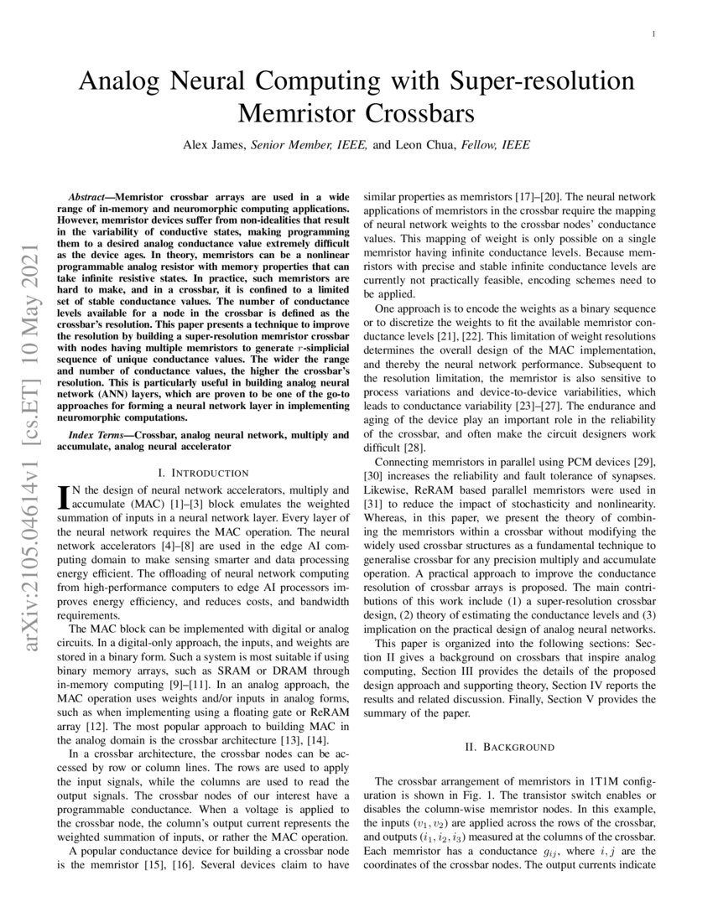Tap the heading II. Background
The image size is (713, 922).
click(509, 745)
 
